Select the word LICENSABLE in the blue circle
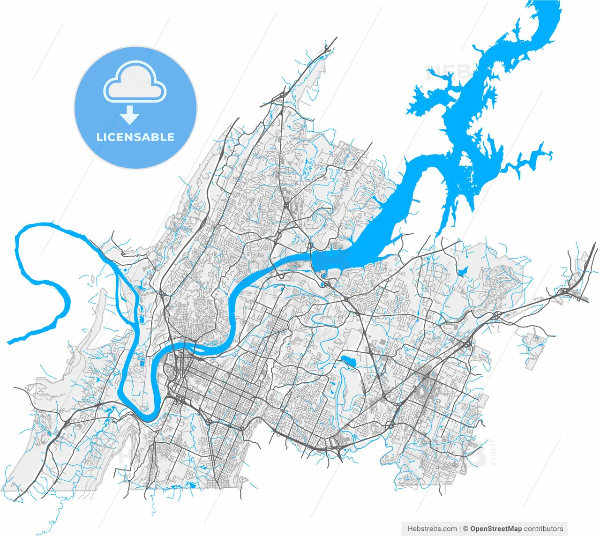pyautogui.click(x=135, y=137)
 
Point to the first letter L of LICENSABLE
pyautogui.click(x=99, y=137)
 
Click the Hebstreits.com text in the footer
pyautogui.click(x=432, y=529)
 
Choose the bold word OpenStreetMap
pyautogui.click(x=496, y=529)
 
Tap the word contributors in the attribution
pyautogui.click(x=544, y=529)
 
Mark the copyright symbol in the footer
pyautogui.click(x=465, y=529)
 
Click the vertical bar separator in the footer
pyautogui.click(x=460, y=529)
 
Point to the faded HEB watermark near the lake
pyautogui.click(x=448, y=73)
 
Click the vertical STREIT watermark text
pyautogui.click(x=493, y=452)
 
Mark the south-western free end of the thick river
pyautogui.click(x=9, y=342)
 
